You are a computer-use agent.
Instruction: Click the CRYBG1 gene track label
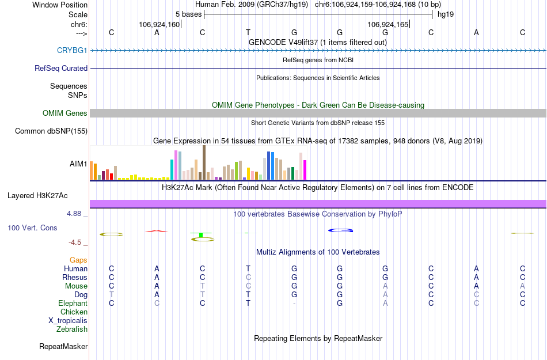72,50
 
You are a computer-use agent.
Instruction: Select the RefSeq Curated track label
61,68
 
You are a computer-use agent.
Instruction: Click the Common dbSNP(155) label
51,131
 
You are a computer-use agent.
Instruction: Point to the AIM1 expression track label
78,164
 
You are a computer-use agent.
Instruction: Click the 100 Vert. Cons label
32,228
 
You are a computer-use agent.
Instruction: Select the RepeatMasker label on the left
63,347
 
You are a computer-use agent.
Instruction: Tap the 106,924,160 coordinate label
159,24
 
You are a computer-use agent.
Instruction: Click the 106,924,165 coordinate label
388,24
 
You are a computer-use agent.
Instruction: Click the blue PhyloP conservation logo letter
340,230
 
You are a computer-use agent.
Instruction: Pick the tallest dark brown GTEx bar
204,162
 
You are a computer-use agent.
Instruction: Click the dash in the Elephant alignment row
294,304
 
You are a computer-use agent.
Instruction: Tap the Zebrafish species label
72,329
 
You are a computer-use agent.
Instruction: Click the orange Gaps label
78,260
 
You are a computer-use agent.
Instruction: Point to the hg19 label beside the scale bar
446,14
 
